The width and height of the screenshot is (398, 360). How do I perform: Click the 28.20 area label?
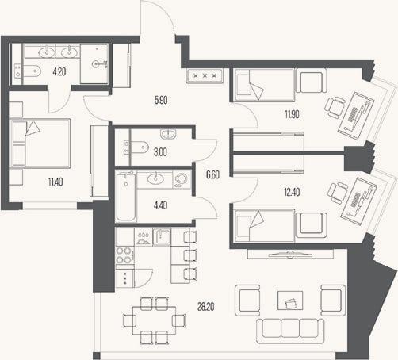205,307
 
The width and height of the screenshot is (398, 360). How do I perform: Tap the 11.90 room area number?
292,114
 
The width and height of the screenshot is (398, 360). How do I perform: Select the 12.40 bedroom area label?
292,192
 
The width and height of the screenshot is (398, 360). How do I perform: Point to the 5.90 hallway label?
161,100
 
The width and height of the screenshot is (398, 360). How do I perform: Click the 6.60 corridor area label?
212,174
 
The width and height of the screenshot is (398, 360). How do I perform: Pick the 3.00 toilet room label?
160,152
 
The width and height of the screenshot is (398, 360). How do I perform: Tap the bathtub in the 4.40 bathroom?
126,197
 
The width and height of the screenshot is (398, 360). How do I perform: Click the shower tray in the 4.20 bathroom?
94,64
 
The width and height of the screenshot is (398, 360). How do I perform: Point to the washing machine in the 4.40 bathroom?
182,179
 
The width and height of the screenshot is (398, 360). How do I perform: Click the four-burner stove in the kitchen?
124,255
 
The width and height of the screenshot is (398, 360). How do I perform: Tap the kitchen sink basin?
162,236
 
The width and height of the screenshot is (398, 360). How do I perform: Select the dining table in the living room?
154,320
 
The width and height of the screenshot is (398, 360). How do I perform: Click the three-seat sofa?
290,331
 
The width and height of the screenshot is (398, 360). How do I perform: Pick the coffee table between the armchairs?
290,301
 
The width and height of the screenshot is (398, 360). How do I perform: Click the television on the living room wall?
290,255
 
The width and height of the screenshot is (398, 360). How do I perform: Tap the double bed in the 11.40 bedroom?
40,143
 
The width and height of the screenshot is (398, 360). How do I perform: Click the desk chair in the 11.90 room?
335,107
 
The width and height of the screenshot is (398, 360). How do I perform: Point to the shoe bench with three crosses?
205,76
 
